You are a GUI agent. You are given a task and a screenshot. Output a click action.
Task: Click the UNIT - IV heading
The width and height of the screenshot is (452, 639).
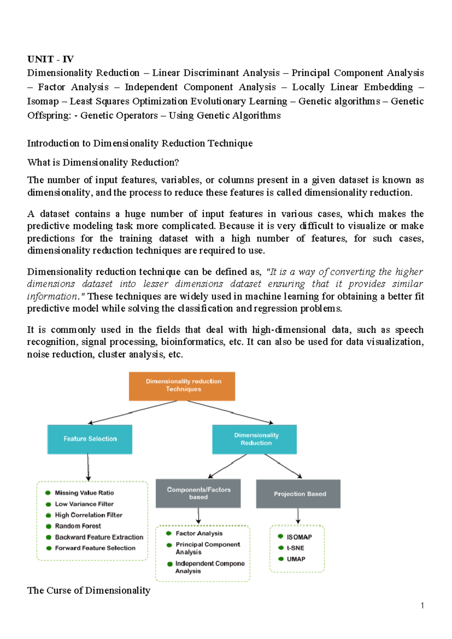(50, 59)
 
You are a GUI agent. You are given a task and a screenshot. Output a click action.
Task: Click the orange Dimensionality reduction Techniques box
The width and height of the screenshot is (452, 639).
(182, 386)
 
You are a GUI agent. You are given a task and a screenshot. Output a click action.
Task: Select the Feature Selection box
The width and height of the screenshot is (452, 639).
(90, 439)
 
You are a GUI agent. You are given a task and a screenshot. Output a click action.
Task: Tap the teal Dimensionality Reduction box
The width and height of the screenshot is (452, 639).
(255, 439)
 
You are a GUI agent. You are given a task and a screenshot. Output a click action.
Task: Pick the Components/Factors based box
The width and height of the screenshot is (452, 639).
(198, 493)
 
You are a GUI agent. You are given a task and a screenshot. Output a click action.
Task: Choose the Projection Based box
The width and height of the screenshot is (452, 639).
(298, 494)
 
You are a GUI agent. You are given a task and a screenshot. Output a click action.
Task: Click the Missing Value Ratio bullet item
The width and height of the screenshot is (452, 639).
(84, 493)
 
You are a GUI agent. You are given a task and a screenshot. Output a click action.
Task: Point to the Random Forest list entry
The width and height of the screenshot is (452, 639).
(78, 526)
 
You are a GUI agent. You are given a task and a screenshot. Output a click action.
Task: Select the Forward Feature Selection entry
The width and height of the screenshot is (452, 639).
(95, 548)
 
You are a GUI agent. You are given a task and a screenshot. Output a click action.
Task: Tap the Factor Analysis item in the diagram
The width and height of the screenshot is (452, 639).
(199, 534)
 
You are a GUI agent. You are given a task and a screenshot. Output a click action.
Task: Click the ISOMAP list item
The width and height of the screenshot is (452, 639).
(299, 537)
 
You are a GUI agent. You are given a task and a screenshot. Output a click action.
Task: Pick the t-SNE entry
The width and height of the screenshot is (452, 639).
(295, 548)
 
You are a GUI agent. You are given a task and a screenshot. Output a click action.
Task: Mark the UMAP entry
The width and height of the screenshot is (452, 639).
(296, 559)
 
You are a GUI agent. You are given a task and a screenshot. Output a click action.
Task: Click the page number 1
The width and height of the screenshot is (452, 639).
(422, 606)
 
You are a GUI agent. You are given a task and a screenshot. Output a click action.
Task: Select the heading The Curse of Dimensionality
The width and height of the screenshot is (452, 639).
(89, 590)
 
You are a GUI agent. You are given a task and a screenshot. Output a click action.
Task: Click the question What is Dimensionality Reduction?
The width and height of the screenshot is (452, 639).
(103, 162)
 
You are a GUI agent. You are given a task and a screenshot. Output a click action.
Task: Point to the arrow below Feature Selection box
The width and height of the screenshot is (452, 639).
(88, 467)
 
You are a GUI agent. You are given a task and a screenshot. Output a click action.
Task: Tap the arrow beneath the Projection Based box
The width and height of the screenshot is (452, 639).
(298, 516)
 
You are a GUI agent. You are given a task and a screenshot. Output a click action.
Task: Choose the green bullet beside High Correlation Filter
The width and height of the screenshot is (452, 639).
(48, 515)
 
